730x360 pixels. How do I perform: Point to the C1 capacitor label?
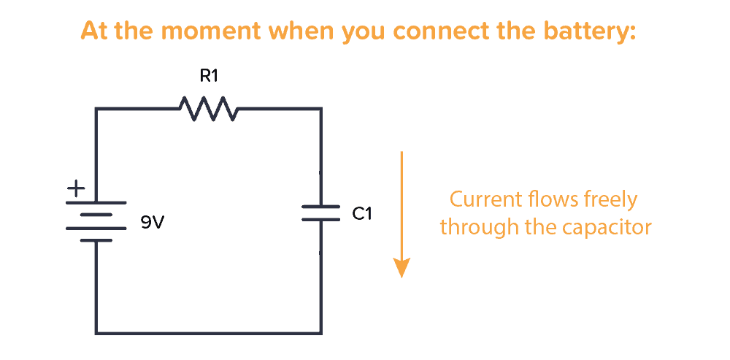tap(362, 214)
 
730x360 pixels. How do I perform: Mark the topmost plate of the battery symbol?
tap(96, 202)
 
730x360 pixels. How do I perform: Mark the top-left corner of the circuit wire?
tap(96, 110)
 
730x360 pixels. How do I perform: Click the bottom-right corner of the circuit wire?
tap(320, 333)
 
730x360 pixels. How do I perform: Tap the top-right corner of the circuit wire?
tap(320, 110)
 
